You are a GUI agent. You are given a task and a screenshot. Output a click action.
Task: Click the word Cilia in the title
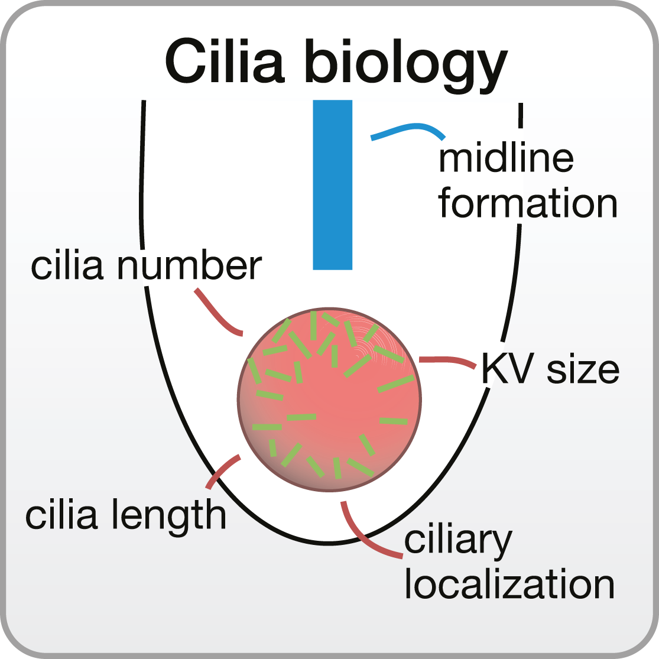228,62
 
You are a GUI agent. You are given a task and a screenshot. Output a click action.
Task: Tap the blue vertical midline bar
332,184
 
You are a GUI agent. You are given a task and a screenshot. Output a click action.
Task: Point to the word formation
527,203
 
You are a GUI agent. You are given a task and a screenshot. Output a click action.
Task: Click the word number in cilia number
189,267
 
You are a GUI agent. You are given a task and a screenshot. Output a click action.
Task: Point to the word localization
509,585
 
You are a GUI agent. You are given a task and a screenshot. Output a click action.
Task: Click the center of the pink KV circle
329,400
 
